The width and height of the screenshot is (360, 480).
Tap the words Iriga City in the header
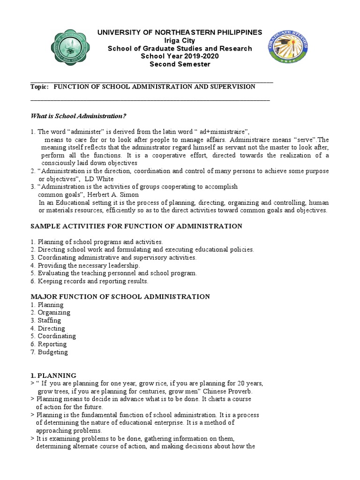180,40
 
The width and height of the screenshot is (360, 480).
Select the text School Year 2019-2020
180,56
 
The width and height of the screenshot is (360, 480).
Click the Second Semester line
180,64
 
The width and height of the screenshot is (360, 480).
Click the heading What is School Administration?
78,116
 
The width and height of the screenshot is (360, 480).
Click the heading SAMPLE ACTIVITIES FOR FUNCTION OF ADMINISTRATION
136,226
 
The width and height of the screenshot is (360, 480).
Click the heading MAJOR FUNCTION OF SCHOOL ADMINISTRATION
120,297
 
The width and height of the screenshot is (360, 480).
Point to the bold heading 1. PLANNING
53,375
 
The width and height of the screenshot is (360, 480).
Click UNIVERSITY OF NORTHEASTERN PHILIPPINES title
180,32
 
